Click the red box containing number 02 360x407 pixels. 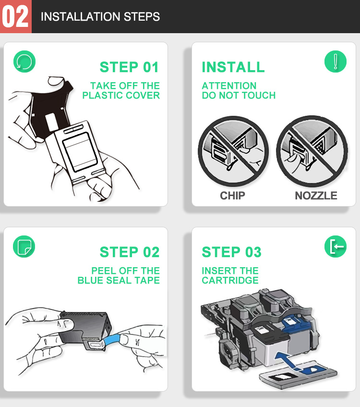[15, 16]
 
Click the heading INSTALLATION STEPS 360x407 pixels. [100, 17]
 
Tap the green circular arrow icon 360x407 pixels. [24, 62]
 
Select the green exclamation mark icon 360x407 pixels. [336, 62]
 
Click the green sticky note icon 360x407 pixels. [24, 247]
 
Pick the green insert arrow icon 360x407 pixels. [336, 247]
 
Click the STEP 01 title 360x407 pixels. [129, 67]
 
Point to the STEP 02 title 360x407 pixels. [130, 252]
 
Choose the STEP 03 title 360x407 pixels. [232, 252]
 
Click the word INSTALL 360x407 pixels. [233, 67]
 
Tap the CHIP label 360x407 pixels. [232, 196]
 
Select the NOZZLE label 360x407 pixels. [316, 196]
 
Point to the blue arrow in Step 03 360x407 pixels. [288, 359]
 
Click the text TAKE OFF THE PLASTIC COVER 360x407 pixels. [121, 91]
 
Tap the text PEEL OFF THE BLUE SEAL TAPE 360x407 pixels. [119, 275]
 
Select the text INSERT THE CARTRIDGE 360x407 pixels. [230, 275]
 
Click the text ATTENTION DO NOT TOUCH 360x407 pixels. [239, 91]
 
